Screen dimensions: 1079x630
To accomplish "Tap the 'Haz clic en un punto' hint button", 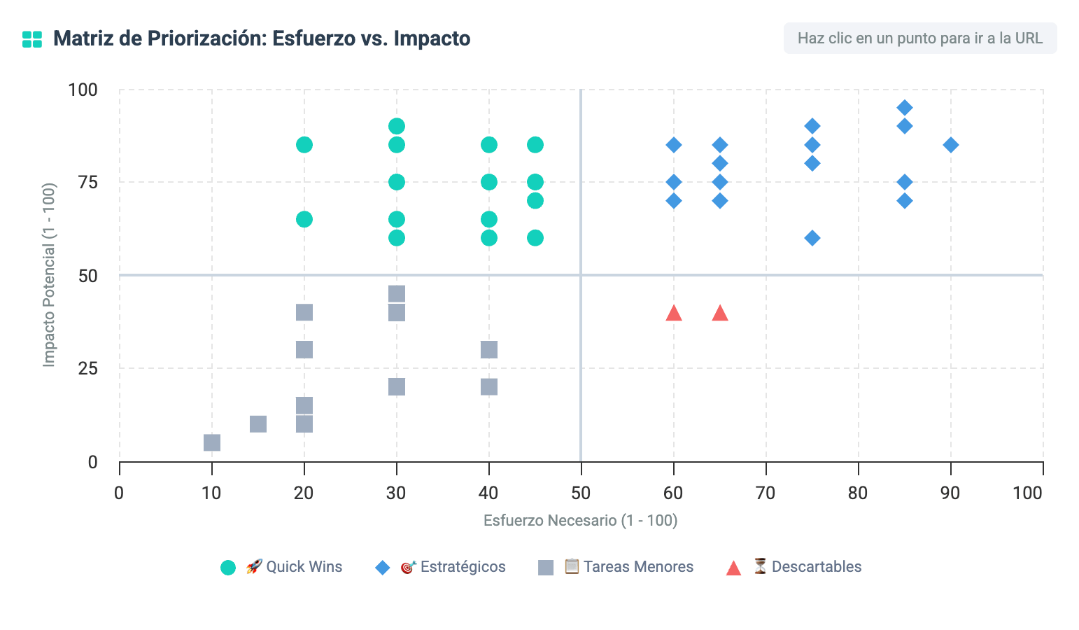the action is (920, 38).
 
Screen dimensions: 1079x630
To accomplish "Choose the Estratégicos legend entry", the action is (440, 567).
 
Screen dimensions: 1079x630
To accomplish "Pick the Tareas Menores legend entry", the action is (616, 567).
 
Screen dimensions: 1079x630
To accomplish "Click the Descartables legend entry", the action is (794, 567).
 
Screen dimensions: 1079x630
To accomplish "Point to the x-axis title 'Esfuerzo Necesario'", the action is (581, 521).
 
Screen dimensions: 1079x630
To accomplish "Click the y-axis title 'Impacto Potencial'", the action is (49, 275).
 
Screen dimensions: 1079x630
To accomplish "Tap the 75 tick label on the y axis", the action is (87, 183).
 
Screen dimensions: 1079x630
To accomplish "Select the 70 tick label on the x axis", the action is (766, 493).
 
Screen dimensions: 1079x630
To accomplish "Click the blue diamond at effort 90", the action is (951, 145).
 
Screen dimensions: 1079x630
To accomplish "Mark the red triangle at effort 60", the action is (674, 313).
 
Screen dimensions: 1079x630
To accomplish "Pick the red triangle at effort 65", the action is (719, 313).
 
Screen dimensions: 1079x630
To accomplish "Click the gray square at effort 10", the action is (212, 442).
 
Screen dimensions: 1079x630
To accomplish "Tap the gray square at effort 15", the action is (258, 424).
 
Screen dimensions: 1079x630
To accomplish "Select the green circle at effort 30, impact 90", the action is (397, 126).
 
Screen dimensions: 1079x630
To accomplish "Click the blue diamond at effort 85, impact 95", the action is (905, 108).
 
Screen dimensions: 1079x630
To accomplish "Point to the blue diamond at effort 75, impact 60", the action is (812, 237).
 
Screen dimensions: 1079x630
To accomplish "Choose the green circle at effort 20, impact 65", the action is (304, 219).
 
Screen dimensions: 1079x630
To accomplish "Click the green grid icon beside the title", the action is (32, 39).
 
